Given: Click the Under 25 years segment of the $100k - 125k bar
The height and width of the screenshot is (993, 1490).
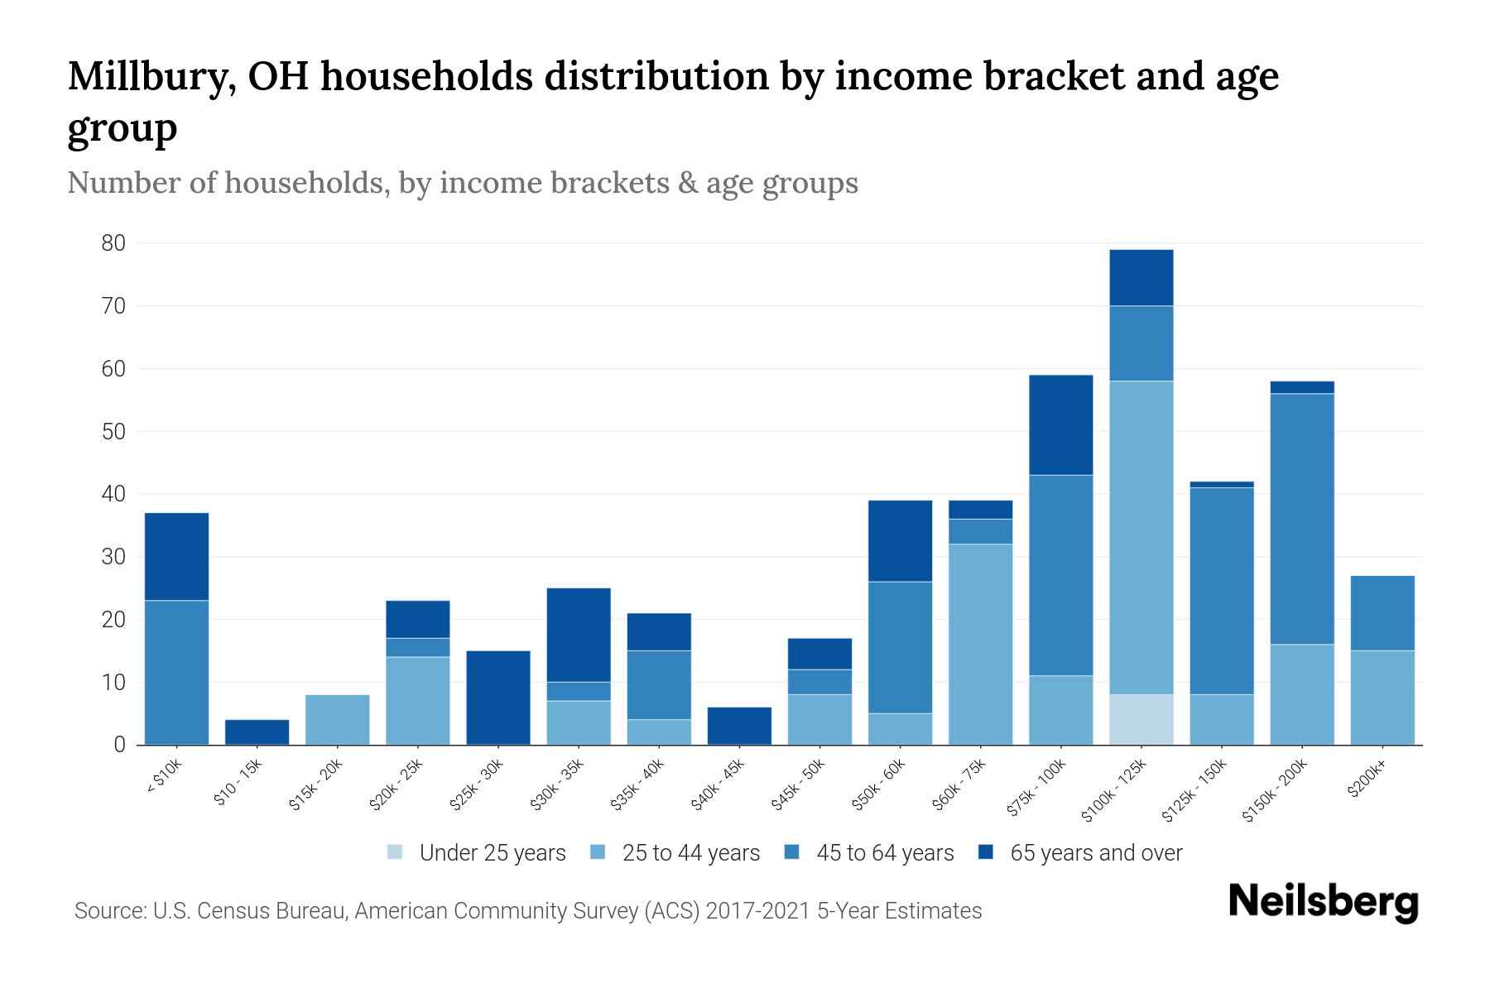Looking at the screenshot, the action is pos(1141,719).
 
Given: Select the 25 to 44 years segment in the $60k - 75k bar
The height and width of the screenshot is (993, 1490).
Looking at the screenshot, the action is pos(980,644).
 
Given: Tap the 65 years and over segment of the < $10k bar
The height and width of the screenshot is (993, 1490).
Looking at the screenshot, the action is pos(176,557).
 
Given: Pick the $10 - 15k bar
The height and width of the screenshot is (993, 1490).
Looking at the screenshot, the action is pos(257,732).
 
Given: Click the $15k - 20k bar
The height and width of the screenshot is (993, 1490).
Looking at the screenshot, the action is pos(337,720).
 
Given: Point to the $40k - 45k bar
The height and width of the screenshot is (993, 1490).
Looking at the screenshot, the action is pos(739,726).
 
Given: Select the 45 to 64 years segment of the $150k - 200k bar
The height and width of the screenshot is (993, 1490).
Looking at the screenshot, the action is pos(1302,519).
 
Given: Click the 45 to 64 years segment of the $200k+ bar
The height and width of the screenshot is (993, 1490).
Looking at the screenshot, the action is pos(1382,613).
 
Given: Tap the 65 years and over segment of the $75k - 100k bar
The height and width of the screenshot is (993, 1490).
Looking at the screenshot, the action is pos(1060,425).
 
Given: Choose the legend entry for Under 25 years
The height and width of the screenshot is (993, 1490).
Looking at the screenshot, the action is pos(477,853).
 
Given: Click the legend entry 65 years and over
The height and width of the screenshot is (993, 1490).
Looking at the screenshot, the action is pos(1080,853).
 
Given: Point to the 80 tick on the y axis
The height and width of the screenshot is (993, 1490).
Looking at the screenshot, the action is pos(114,243).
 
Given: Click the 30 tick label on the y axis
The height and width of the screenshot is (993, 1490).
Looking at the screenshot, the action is pos(114,557).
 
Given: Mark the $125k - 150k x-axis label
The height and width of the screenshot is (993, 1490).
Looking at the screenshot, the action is pos(1194,789).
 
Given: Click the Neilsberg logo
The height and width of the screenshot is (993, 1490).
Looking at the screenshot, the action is pos(1324,902).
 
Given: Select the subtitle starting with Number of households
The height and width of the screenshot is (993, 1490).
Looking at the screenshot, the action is pos(463,183).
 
